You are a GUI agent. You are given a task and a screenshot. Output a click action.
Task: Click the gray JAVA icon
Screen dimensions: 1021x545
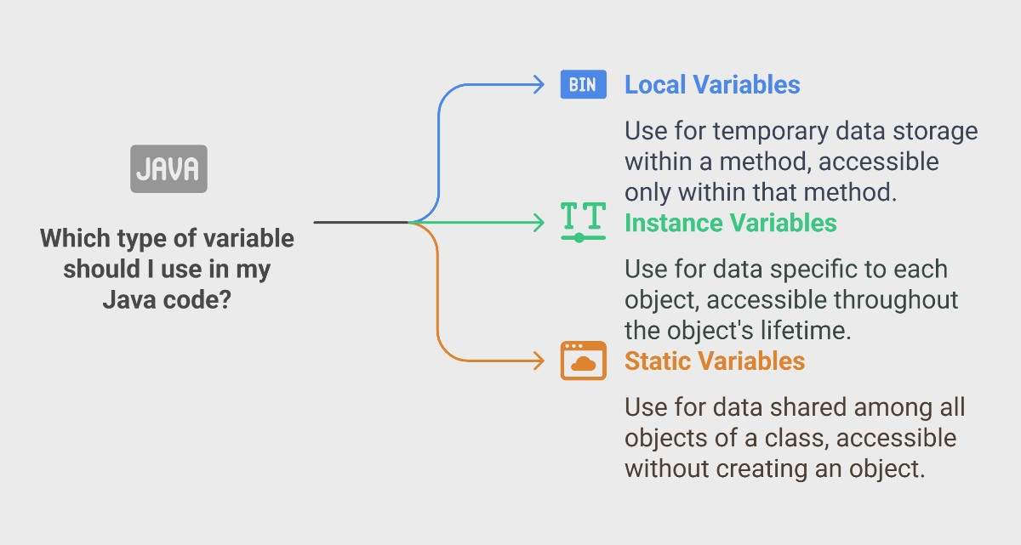(x=168, y=169)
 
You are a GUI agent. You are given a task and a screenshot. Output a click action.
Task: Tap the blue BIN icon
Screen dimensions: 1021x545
(x=584, y=84)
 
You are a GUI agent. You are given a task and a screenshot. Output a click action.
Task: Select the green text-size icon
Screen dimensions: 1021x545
(x=584, y=222)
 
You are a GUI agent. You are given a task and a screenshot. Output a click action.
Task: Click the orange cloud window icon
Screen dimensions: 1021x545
(x=584, y=360)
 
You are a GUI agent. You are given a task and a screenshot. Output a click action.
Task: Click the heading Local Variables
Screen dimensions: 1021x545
(x=712, y=85)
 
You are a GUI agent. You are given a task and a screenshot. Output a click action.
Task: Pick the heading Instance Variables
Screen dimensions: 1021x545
(x=731, y=223)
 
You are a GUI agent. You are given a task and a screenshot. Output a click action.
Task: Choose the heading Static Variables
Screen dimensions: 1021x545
(x=715, y=361)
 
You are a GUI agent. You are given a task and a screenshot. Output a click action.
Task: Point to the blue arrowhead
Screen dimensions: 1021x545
(x=539, y=85)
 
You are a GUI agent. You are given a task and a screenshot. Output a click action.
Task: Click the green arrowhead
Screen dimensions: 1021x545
(x=539, y=223)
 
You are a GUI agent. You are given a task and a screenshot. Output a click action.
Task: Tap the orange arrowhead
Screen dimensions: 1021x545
(x=539, y=361)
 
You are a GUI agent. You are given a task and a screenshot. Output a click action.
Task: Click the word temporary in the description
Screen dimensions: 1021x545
(x=771, y=132)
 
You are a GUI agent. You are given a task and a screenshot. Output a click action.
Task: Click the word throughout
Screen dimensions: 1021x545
(x=896, y=300)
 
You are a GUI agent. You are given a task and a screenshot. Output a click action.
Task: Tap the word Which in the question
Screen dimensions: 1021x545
(x=75, y=238)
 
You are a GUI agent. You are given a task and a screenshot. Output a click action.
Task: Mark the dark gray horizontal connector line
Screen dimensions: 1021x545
(x=361, y=222)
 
